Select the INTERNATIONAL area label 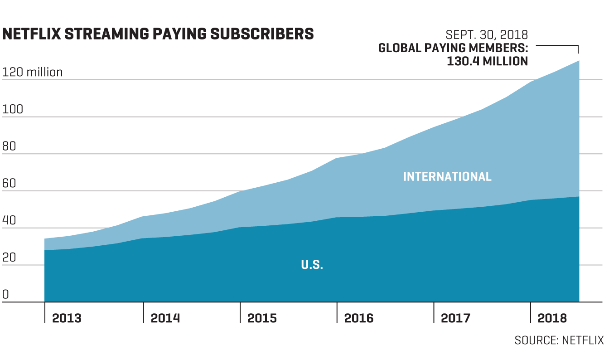(447, 176)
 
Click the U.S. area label (312, 265)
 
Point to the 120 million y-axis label (33, 72)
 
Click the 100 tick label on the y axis (13, 109)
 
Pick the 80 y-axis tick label (10, 146)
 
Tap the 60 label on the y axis (10, 184)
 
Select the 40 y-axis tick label (10, 221)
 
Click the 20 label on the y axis (10, 258)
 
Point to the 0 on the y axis (5, 295)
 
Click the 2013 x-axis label (67, 318)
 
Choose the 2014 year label (165, 318)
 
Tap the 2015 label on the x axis (262, 318)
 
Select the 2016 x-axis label (359, 318)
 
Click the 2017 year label (455, 318)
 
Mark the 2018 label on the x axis (552, 318)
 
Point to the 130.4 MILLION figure (487, 61)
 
